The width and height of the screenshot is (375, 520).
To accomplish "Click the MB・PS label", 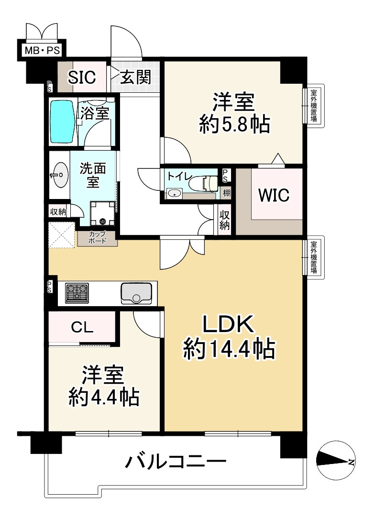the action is (x=43, y=50).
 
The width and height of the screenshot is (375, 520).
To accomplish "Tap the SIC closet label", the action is (x=82, y=77).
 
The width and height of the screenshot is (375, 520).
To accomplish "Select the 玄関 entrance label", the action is (x=136, y=77).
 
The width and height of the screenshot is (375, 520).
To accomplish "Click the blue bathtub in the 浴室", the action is (x=62, y=122).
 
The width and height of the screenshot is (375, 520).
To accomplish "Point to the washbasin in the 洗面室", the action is (x=60, y=175).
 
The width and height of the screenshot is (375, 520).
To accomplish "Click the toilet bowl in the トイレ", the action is (x=206, y=183).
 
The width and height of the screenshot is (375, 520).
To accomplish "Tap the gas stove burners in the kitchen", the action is (x=77, y=293).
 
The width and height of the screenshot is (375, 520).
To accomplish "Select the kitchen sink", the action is (x=136, y=293).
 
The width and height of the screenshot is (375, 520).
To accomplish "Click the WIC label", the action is (x=274, y=195).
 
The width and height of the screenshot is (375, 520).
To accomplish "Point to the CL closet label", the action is (x=82, y=328).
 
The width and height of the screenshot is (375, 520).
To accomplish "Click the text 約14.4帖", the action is (x=229, y=348).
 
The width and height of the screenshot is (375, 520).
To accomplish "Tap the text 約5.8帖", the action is (x=234, y=124).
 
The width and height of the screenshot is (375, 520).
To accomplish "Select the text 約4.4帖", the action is (x=104, y=397).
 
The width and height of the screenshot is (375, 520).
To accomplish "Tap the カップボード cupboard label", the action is (x=98, y=237).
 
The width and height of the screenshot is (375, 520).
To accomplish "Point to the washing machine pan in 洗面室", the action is (x=102, y=213).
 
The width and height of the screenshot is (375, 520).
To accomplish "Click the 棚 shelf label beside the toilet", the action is (x=226, y=193).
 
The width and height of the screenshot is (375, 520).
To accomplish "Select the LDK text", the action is (x=229, y=324).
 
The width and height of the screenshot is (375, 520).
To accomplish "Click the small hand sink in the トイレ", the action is (x=175, y=193).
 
